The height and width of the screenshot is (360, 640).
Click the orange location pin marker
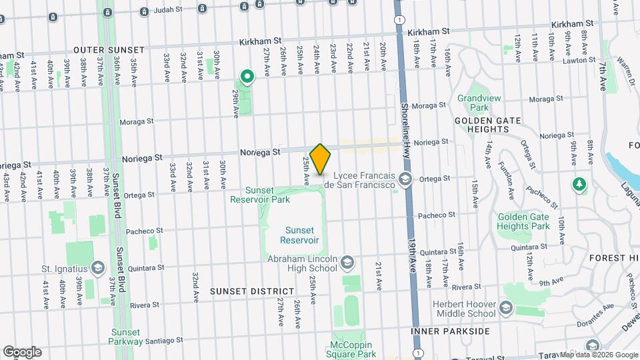tap(320, 159)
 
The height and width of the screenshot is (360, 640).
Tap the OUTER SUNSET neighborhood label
tap(109, 50)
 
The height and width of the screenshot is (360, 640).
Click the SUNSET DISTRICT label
tap(252, 291)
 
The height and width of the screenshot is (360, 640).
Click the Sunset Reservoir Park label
tap(260, 194)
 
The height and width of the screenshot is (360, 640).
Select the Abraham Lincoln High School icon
tap(347, 263)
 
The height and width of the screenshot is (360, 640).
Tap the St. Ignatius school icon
tap(98, 267)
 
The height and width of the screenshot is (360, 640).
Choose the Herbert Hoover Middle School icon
tap(506, 307)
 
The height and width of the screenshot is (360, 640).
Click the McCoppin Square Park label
tap(354, 350)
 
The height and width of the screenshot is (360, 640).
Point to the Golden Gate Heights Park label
tap(523, 221)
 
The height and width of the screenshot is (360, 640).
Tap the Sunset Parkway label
tap(126, 337)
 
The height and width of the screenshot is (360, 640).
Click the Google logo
tap(22, 351)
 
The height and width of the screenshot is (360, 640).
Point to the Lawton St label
tap(579, 60)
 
